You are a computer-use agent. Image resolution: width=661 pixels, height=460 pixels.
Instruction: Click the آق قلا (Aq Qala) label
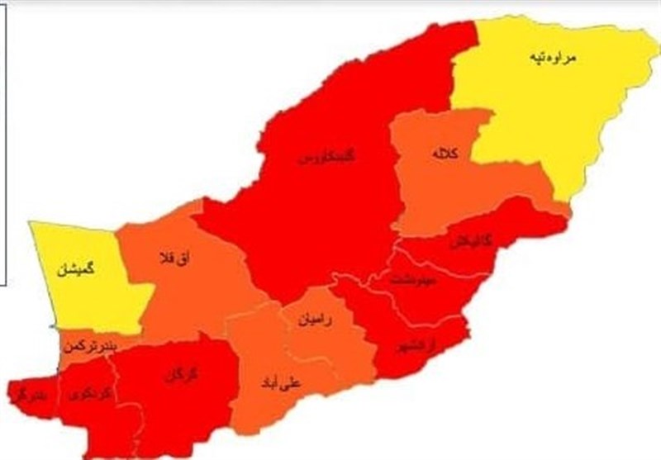coord(173,260)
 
